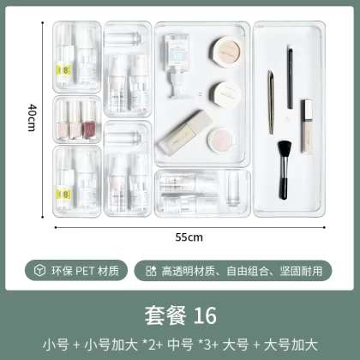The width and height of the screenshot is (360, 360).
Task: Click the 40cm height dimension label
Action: [32, 117]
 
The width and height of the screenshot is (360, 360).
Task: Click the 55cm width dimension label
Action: [189, 237]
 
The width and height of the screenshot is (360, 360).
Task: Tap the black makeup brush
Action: [284, 170]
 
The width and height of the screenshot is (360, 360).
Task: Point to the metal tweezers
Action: [271, 102]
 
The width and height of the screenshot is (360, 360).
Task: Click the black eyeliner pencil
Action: [290, 78]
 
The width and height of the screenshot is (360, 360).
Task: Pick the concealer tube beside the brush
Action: [307, 126]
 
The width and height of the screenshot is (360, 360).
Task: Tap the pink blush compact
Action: [220, 141]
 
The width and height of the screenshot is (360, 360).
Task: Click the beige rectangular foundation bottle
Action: [185, 133]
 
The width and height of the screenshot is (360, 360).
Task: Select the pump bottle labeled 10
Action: [177, 66]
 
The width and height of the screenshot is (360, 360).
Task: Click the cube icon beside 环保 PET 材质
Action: [39, 270]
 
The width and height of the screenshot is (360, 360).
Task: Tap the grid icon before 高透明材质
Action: [151, 271]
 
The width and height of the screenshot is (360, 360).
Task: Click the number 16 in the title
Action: [205, 315]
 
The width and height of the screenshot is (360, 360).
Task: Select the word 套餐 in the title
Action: [165, 315]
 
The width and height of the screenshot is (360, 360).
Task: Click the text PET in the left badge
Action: [85, 271]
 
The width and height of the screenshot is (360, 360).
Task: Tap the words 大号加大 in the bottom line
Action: [291, 345]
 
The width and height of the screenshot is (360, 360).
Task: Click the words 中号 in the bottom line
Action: [181, 345]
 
